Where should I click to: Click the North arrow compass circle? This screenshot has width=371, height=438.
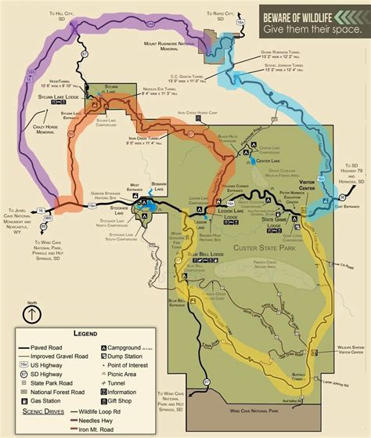(x=31, y=314)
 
